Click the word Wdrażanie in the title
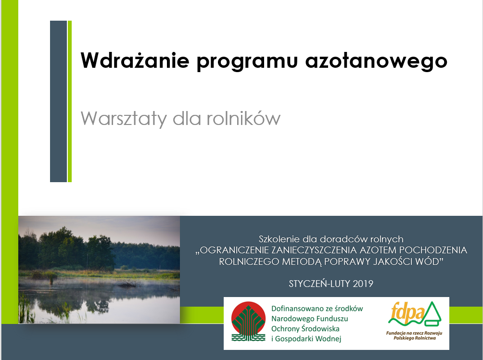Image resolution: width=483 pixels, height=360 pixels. (135, 60)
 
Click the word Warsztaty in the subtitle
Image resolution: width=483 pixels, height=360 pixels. (124, 119)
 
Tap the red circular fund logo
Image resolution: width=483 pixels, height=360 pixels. (248, 319)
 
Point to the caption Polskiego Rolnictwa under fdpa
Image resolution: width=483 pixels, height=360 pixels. (414, 338)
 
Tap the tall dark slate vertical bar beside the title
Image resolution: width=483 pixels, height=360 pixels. (59, 101)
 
